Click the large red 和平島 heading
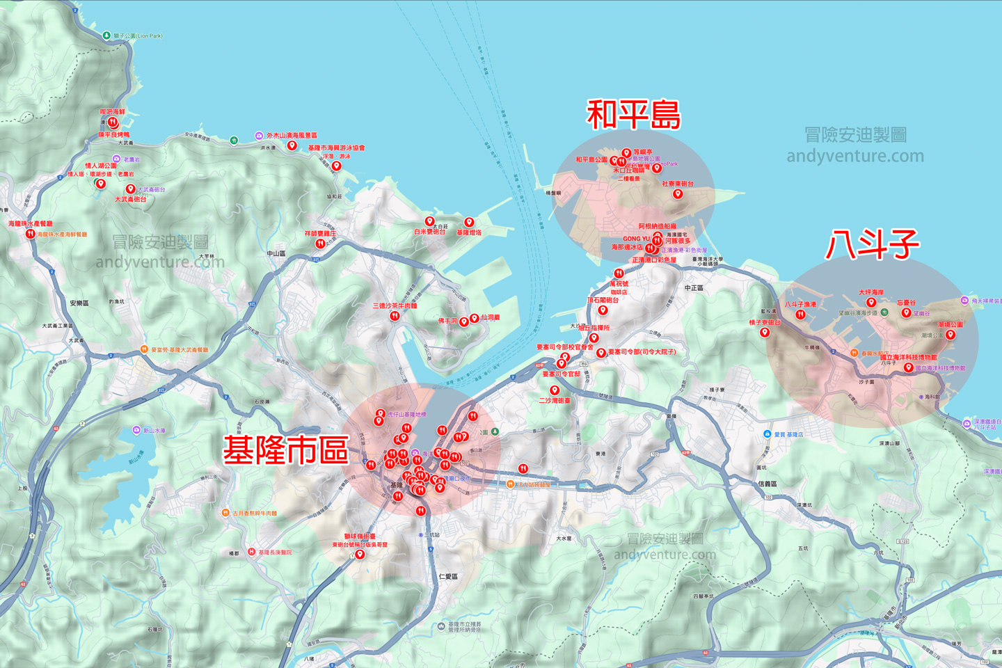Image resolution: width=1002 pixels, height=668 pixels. pos(633,116)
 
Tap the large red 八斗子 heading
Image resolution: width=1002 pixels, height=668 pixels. pos(873,245)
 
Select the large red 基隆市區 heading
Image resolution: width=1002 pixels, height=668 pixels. pos(285,450)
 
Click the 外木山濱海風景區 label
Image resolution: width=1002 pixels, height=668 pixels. pos(292,136)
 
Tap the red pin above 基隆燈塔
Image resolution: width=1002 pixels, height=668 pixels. pos(469,223)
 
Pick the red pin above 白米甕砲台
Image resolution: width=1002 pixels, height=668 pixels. pos(429,222)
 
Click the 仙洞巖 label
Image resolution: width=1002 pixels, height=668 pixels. pos(490,317)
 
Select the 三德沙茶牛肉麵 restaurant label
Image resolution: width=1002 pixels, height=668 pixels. pos(395,305)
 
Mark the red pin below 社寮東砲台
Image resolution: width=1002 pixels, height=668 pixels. pos(678,194)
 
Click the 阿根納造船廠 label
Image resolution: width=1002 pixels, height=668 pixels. pos(658,226)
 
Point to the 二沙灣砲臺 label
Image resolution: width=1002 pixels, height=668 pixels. pos(555,401)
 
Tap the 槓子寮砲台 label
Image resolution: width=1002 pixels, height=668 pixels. pos(765,323)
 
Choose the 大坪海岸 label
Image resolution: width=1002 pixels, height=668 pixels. pos(871,292)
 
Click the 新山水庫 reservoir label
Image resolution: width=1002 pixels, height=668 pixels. pos(154,431)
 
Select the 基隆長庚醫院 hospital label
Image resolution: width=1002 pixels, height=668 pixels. pos(275,552)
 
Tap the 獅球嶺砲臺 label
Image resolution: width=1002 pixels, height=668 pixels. pos(360,536)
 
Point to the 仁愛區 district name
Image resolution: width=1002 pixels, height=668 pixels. pos(448,577)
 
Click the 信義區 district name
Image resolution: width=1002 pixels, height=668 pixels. pos(768,484)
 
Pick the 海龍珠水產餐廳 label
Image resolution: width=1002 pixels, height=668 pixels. pos(30,224)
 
